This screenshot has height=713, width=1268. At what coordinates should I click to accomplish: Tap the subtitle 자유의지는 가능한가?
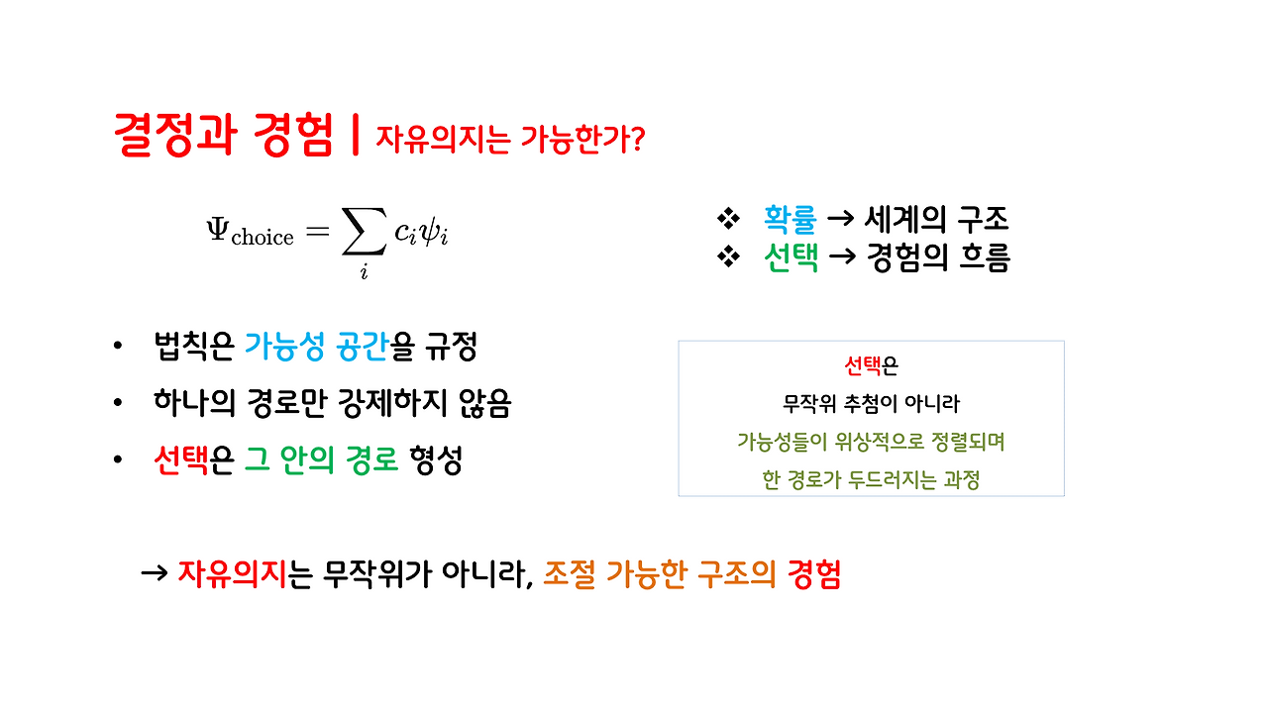[x=510, y=140]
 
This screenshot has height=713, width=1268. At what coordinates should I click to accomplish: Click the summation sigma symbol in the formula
[x=363, y=234]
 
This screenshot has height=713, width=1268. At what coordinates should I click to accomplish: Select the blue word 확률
[x=790, y=219]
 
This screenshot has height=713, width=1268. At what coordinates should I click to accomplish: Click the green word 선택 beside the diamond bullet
[x=791, y=258]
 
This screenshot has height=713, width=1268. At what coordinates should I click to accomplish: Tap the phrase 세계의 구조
[x=936, y=219]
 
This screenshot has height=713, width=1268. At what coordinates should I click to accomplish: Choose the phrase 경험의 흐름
[x=937, y=258]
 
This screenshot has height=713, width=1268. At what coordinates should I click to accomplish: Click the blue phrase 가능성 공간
[x=316, y=347]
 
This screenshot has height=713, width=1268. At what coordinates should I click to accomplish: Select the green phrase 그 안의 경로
[x=321, y=460]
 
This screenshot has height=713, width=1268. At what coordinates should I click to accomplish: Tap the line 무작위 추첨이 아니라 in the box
[x=871, y=404]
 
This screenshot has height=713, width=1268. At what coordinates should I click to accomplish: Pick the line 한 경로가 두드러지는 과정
[x=871, y=479]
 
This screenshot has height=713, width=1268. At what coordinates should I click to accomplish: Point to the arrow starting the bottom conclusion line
[x=155, y=574]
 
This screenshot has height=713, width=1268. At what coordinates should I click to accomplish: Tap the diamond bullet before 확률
[x=728, y=219]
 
